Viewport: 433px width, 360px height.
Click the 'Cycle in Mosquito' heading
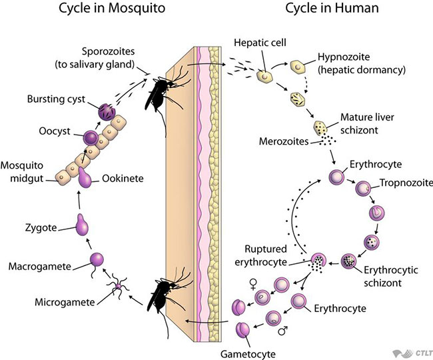112,8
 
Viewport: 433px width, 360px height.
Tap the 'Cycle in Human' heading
332,8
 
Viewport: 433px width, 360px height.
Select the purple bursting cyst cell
107,112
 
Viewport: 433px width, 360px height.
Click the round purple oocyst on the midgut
91,137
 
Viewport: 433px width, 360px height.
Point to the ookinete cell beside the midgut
85,177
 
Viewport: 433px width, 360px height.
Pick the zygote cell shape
82,225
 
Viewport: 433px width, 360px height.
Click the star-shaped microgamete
119,287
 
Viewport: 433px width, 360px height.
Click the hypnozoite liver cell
297,67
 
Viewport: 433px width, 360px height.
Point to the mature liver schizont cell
320,128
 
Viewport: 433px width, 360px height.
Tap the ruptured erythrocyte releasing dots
318,262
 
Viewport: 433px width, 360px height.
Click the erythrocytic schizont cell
348,261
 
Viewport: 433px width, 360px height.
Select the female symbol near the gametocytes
253,284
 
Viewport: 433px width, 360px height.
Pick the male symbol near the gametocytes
283,330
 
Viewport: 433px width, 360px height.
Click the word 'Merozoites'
284,141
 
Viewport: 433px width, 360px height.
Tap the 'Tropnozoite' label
406,183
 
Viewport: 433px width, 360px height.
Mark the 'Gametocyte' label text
248,354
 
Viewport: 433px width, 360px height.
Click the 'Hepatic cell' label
260,43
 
